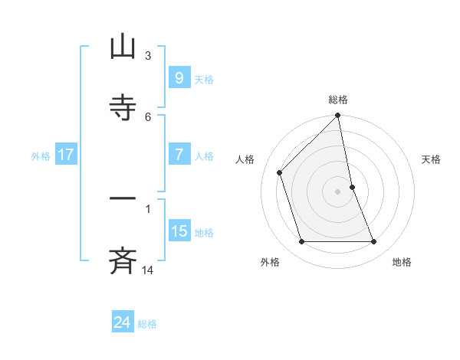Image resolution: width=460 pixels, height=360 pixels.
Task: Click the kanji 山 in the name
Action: click(123, 47)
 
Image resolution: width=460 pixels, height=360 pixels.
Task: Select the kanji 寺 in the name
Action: click(123, 107)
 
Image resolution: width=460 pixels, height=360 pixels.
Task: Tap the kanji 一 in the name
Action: click(123, 198)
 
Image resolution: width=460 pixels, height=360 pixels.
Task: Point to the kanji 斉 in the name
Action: click(123, 260)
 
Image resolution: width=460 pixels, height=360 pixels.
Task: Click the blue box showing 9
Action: click(179, 77)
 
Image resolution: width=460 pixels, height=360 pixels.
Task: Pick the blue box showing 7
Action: click(179, 154)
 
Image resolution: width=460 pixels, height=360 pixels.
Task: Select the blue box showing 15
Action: click(179, 231)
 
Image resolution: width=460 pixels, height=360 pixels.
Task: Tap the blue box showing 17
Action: click(65, 155)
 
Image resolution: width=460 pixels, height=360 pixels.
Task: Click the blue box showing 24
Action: click(122, 322)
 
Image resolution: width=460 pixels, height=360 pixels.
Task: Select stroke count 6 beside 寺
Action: click(148, 116)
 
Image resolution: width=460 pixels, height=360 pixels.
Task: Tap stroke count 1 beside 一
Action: click(148, 208)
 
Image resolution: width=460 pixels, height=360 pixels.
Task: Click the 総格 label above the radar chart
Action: click(338, 100)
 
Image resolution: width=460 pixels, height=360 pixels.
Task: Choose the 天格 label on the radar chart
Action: click(432, 159)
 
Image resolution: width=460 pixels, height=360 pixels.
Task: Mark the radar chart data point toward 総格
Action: click(338, 116)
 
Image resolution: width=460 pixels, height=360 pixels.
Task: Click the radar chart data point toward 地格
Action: click(374, 242)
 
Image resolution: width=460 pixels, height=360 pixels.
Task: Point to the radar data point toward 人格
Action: click(280, 172)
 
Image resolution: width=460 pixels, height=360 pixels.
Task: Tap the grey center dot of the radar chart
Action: click(338, 191)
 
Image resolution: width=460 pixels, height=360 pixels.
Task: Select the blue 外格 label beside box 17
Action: click(41, 155)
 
